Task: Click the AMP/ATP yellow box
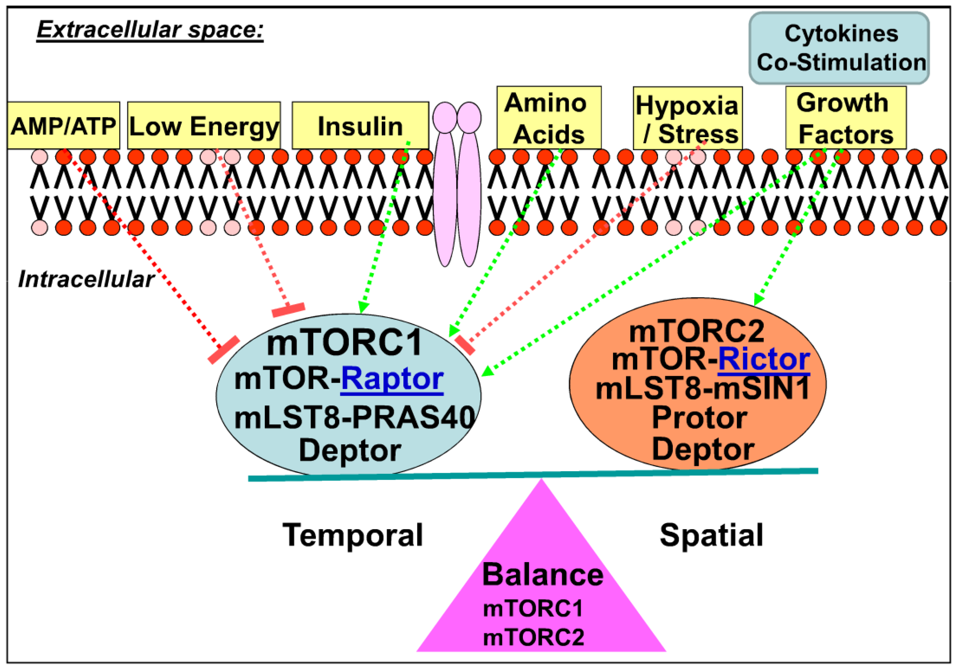tap(63, 126)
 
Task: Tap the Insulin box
tap(360, 126)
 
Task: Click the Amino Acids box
tap(548, 118)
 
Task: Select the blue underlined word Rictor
tap(764, 360)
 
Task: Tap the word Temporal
tap(353, 535)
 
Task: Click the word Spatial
tap(711, 535)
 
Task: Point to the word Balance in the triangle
tap(542, 575)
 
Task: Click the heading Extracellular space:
tap(150, 30)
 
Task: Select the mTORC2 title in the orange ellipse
tap(696, 332)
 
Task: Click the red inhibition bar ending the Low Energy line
tap(288, 309)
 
